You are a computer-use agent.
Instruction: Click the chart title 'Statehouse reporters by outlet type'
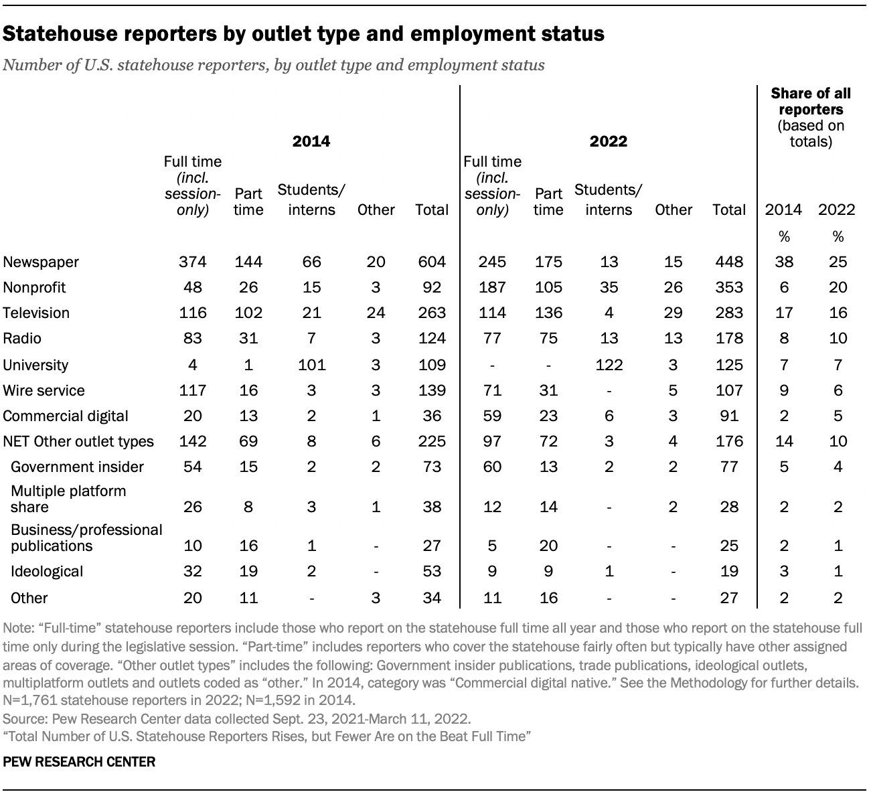(304, 35)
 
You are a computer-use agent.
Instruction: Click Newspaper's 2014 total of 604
(431, 262)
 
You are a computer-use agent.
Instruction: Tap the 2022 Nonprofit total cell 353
(728, 287)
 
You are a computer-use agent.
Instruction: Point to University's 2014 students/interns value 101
(311, 365)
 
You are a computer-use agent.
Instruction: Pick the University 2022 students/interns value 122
(608, 365)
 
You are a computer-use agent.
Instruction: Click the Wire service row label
(44, 390)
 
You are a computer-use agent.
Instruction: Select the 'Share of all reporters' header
(810, 101)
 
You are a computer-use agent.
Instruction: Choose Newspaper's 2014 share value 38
(783, 262)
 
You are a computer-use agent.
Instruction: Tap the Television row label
(36, 313)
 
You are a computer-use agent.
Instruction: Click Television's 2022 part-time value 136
(548, 313)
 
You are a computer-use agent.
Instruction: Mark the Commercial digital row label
(66, 416)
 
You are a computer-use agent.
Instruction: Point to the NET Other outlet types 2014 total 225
(431, 441)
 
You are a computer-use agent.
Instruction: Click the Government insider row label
(77, 467)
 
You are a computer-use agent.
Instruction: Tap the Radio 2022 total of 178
(728, 338)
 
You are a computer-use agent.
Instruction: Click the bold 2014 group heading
(311, 141)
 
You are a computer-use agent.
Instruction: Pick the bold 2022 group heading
(609, 141)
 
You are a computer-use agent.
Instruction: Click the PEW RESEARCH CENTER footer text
(79, 762)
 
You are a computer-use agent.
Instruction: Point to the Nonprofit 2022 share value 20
(837, 287)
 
